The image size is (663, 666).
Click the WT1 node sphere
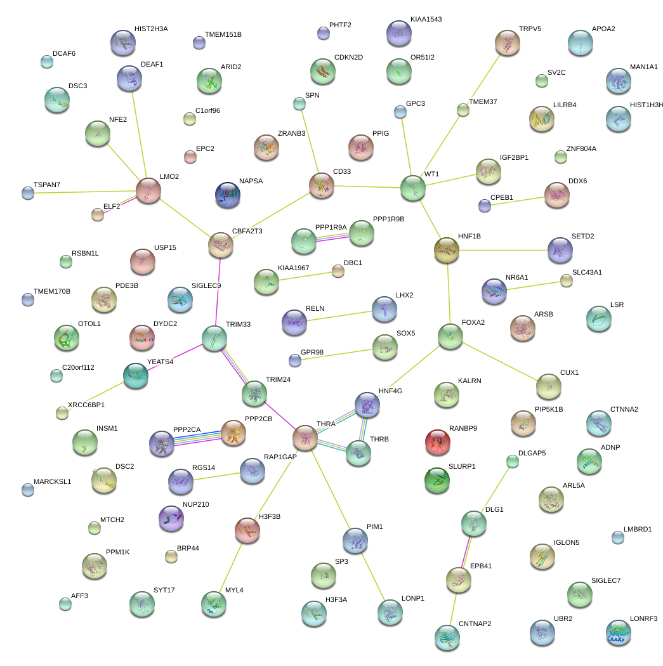[413, 188]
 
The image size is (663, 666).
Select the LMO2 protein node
[148, 190]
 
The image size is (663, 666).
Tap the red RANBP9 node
[437, 441]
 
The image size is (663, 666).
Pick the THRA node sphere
[305, 438]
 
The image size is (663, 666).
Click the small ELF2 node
[98, 214]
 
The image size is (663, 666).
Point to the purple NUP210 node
[170, 518]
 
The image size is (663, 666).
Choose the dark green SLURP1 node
[437, 480]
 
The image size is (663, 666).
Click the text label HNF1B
[469, 237]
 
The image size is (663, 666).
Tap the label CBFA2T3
[247, 232]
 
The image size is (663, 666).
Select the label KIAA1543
[426, 20]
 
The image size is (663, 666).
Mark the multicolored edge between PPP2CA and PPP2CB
[197, 438]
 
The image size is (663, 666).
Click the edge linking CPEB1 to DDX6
[517, 200]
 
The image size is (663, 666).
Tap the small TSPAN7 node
[27, 193]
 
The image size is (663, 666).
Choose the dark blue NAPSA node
[228, 195]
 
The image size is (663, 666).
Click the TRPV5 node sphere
[507, 42]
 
